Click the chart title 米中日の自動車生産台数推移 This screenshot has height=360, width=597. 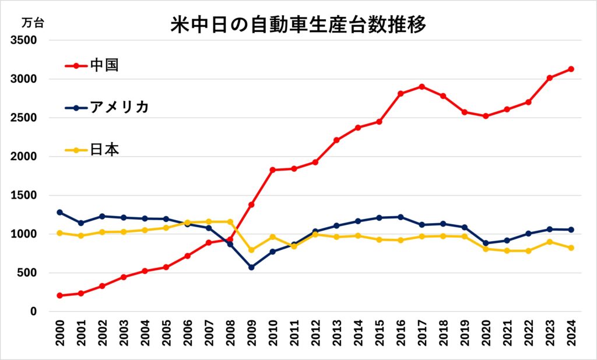click(x=298, y=24)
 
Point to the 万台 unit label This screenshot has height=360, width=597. click(x=32, y=24)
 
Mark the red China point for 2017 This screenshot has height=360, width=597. click(x=422, y=86)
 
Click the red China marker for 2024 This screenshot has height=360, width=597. click(x=571, y=69)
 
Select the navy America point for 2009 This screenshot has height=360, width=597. click(x=251, y=267)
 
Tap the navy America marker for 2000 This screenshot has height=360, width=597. click(x=59, y=212)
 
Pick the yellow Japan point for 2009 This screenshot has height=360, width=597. click(x=251, y=250)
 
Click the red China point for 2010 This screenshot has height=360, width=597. click(x=273, y=170)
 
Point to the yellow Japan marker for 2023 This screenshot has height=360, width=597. click(x=550, y=242)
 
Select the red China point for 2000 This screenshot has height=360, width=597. click(x=59, y=295)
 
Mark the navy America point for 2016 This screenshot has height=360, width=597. click(x=401, y=217)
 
